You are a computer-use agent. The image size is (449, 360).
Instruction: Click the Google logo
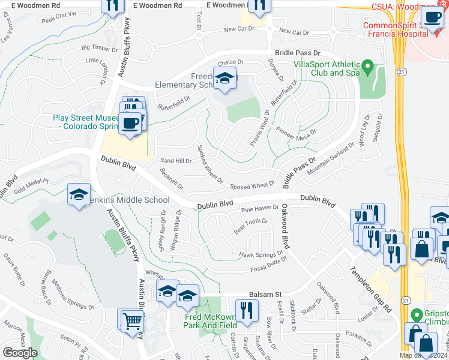point(20,353)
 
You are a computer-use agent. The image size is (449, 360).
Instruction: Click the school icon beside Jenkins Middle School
point(79,195)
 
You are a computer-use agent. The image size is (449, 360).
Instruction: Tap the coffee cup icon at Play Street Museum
point(130,124)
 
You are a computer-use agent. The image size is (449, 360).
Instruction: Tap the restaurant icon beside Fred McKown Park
point(247,311)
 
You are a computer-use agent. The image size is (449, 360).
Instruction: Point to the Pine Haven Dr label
point(260,209)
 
